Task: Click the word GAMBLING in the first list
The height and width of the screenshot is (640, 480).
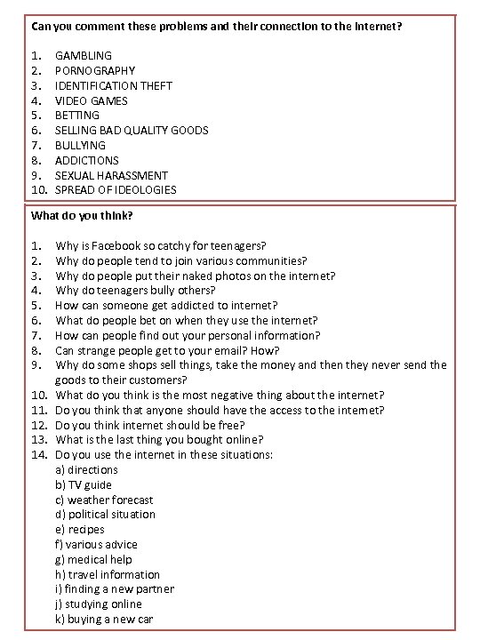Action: [84, 55]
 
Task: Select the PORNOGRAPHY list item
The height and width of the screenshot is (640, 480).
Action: [95, 70]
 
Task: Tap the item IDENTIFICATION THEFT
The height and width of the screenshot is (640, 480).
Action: [114, 85]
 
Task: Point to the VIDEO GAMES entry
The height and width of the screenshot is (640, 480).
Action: [90, 100]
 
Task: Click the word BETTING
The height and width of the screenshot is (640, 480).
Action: [77, 115]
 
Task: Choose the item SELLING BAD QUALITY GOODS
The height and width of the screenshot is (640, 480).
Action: [132, 130]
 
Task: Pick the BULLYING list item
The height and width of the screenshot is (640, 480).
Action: [80, 145]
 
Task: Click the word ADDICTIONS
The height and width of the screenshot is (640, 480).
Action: [87, 160]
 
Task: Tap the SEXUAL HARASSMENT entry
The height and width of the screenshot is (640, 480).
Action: [111, 175]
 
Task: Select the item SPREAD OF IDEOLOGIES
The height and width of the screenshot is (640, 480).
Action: [116, 189]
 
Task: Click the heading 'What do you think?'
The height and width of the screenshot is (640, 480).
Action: [82, 215]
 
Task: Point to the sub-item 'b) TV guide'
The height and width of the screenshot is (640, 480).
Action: [84, 484]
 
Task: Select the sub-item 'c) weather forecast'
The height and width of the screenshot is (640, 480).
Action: [104, 500]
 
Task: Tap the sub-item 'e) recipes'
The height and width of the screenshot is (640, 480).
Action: [80, 530]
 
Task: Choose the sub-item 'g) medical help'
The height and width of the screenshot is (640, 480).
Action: [93, 559]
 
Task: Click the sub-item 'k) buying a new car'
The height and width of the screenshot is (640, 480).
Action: [103, 619]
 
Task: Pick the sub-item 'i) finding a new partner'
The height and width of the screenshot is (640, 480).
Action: [115, 588]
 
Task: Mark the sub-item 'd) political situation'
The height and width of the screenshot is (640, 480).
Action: [105, 514]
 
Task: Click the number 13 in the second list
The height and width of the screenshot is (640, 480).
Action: [38, 439]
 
